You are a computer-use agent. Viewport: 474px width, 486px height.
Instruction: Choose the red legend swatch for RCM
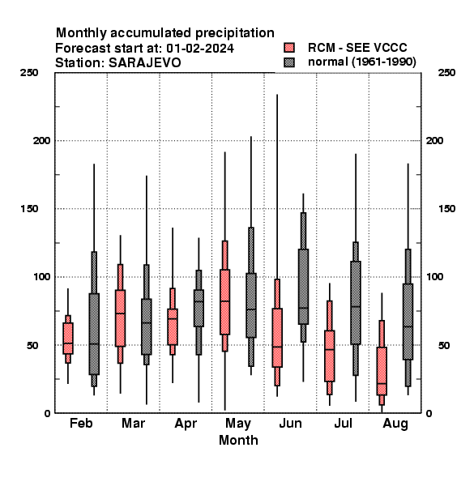289,48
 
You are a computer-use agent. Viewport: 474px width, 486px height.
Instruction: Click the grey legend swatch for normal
289,62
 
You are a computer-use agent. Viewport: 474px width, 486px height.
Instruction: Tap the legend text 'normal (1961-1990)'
361,62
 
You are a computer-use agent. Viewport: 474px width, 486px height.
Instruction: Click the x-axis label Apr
186,424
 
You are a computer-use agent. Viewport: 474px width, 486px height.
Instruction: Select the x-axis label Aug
395,424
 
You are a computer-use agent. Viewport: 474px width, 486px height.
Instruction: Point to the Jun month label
290,423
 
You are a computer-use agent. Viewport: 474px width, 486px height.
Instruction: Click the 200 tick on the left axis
41,140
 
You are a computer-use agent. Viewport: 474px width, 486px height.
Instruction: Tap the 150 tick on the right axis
446,209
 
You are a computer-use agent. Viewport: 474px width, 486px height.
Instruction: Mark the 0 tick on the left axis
47,413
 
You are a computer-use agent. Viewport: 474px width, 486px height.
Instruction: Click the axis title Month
238,440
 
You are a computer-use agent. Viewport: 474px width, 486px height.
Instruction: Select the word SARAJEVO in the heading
144,62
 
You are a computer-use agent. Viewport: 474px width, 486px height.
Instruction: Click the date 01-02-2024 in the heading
200,49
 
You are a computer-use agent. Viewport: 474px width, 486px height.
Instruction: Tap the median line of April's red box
173,318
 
